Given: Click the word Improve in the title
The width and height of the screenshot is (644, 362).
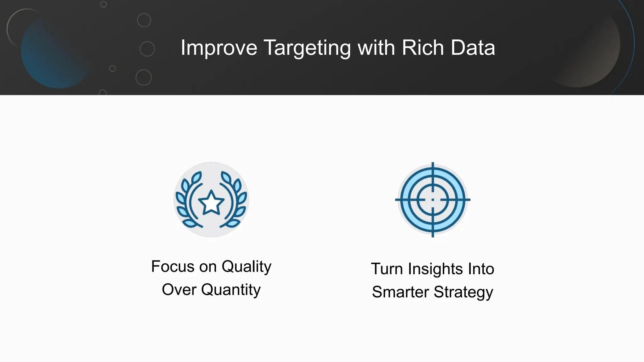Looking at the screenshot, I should [219, 48].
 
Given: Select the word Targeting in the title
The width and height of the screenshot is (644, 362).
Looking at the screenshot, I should [307, 48].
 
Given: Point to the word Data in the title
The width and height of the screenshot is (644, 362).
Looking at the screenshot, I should [473, 47].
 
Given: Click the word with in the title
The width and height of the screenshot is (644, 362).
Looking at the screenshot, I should [376, 47].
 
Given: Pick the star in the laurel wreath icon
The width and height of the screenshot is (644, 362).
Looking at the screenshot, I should [211, 203].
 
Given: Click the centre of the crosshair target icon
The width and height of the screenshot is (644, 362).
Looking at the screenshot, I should [433, 200].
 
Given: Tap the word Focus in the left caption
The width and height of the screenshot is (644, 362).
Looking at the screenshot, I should [173, 266].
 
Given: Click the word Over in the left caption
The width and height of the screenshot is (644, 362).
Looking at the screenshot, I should [179, 289].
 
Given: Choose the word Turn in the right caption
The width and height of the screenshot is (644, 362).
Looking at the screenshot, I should [387, 269].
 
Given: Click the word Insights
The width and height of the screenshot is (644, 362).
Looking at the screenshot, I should [436, 269].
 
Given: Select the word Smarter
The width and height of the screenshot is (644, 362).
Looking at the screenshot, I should [400, 292].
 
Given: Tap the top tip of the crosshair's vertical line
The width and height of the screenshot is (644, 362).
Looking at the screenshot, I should [433, 163].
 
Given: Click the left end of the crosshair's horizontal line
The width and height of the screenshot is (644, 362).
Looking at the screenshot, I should [396, 200].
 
